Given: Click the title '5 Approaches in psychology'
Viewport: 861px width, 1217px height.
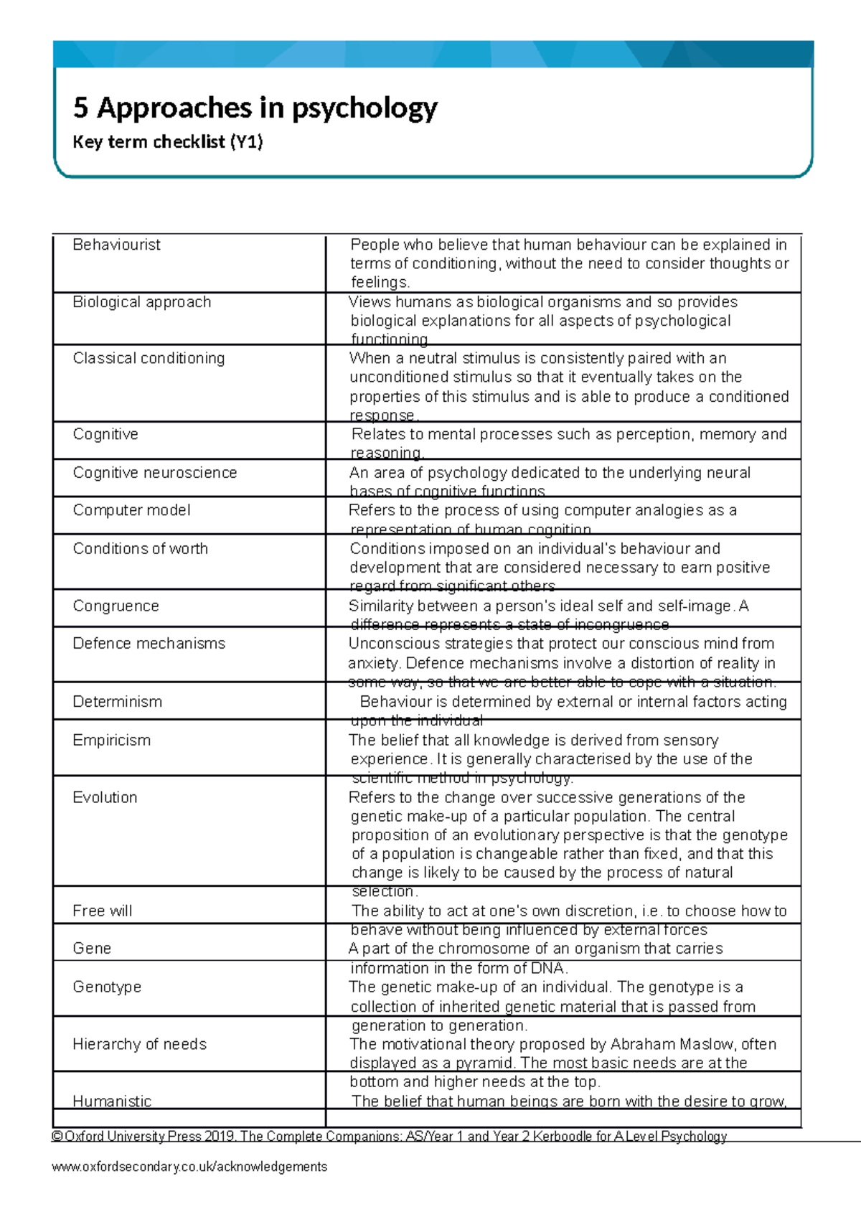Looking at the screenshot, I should click(255, 108).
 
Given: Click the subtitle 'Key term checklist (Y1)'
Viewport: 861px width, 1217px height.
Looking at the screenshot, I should click(168, 142).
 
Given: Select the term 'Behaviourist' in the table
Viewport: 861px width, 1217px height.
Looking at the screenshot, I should click(116, 245).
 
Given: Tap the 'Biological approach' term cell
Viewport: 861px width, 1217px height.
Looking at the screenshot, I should click(141, 302).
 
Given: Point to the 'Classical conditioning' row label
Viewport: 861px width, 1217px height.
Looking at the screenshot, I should click(149, 358).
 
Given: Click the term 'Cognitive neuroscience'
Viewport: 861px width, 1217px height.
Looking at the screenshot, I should click(154, 473).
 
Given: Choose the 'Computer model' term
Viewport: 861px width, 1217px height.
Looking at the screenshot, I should click(131, 510).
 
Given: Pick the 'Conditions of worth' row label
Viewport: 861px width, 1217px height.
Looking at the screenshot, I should click(140, 549).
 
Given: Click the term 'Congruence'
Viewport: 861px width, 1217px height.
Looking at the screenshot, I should click(116, 606).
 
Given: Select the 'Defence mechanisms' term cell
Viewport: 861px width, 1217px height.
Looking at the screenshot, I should click(149, 644).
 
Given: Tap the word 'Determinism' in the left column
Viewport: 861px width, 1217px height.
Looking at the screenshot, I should click(117, 702).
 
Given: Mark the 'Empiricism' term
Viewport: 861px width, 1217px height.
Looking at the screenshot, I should click(111, 741).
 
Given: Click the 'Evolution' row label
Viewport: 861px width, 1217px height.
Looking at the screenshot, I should click(105, 798).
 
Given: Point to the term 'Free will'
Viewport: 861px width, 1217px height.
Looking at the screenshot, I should click(102, 911).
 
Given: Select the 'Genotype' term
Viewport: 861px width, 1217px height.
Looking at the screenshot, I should click(107, 987).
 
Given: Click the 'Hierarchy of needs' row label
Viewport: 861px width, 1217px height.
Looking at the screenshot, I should click(139, 1045).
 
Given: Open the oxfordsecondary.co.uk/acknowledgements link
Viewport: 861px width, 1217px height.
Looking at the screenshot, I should click(189, 1167).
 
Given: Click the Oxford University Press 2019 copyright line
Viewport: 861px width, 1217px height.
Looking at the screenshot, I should click(389, 1137).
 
